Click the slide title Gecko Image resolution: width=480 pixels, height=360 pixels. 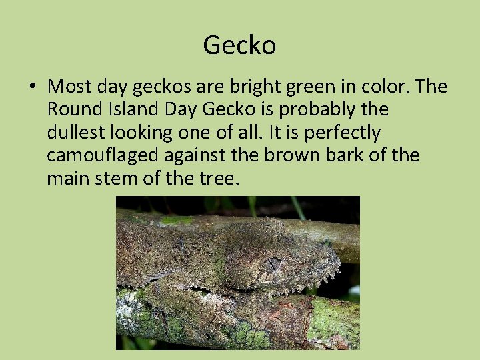(239, 45)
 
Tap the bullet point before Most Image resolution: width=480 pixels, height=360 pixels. (31, 87)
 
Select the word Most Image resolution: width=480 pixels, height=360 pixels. (70, 87)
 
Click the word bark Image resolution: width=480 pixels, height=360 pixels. (348, 155)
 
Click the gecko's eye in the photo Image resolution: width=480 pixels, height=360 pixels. (271, 265)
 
